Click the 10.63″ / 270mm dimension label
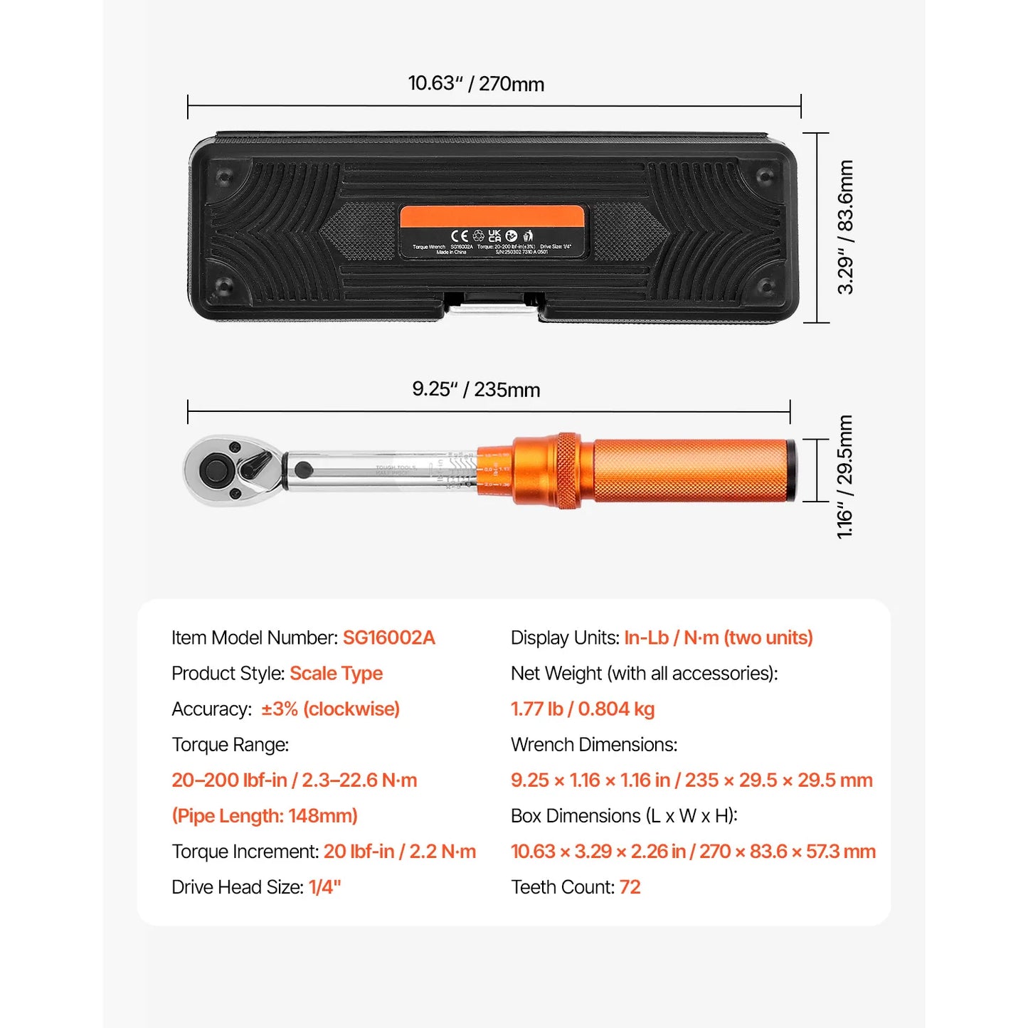click(476, 84)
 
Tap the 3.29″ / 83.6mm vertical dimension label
click(845, 227)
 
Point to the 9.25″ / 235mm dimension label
click(476, 389)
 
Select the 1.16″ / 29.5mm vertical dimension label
click(845, 477)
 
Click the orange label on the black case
click(492, 232)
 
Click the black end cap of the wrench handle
click(792, 471)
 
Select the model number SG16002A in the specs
click(388, 637)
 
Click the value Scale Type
click(336, 673)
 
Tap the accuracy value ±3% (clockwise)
click(330, 709)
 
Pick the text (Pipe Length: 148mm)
click(265, 815)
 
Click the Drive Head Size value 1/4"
click(324, 887)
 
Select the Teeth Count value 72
click(630, 887)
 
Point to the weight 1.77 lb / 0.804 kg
click(583, 709)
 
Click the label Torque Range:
click(230, 744)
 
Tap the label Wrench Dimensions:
click(594, 744)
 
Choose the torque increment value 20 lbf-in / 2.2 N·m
click(400, 852)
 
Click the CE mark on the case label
click(460, 235)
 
